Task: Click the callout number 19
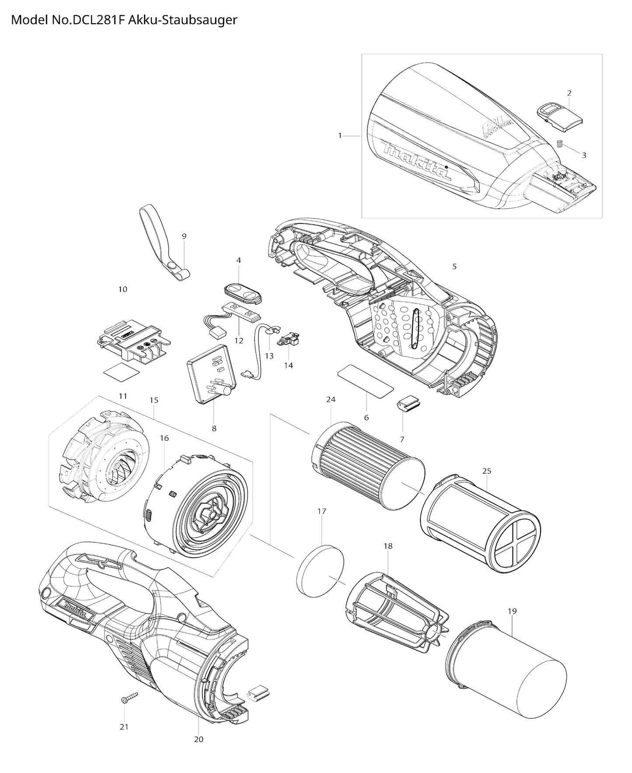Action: [x=512, y=611]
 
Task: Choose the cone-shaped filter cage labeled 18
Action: [x=396, y=606]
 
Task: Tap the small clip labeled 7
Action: [x=408, y=404]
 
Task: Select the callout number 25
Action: [x=486, y=471]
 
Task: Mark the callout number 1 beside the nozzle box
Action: [x=340, y=136]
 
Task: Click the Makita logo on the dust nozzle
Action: [x=416, y=162]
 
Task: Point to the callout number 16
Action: [x=164, y=438]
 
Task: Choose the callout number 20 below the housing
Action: [x=199, y=739]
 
